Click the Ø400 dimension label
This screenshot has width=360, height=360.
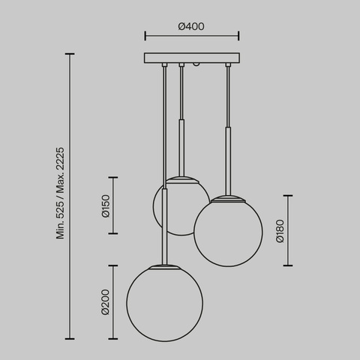pos(191,27)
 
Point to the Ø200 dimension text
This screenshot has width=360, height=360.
pos(106,301)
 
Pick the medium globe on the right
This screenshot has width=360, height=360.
pos(228,230)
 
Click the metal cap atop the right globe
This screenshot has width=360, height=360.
pos(228,198)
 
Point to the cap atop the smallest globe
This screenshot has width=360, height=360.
pos(181,178)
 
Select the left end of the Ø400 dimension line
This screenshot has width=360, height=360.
pos(144,35)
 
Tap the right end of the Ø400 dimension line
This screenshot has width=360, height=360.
pos(238,35)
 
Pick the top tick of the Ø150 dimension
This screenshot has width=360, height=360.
pos(113,178)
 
